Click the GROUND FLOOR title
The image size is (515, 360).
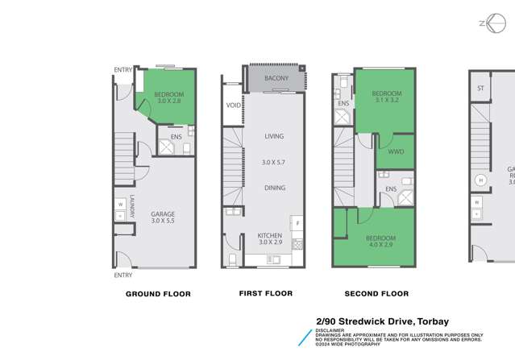click(158, 294)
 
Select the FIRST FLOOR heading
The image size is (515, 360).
click(267, 293)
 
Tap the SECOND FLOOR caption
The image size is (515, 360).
click(376, 294)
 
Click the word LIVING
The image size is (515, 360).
click(274, 136)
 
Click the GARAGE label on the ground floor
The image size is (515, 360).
click(162, 213)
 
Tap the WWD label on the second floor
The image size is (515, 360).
click(396, 150)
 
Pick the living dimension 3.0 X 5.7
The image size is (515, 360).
click(274, 163)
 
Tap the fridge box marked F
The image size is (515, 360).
click(297, 222)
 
